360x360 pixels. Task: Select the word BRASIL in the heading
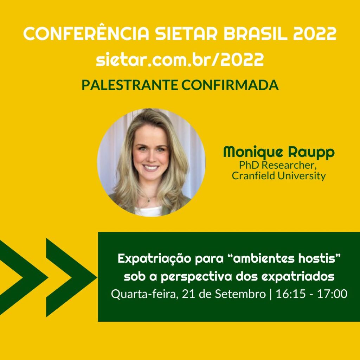tap(256, 33)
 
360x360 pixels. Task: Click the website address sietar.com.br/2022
tap(180, 59)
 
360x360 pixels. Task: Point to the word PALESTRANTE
tap(130, 85)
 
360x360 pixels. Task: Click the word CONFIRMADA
tap(230, 85)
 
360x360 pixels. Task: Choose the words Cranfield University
tap(279, 176)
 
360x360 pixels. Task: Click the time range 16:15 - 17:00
tap(311, 294)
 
